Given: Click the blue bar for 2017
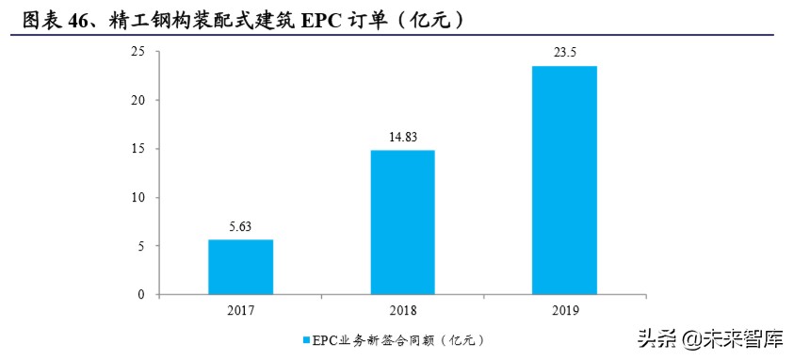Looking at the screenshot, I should pyautogui.click(x=240, y=267).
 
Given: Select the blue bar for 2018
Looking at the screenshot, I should pyautogui.click(x=402, y=222).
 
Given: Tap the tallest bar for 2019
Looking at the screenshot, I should pyautogui.click(x=564, y=180).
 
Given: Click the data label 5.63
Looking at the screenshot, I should pyautogui.click(x=240, y=227).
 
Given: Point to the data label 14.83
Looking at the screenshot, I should pyautogui.click(x=402, y=138).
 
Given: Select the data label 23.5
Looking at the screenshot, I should pyautogui.click(x=564, y=54).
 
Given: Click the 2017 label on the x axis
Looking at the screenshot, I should pyautogui.click(x=240, y=309).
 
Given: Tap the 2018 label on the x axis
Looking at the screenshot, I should pyautogui.click(x=402, y=309).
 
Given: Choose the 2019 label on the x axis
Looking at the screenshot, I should pyautogui.click(x=564, y=309).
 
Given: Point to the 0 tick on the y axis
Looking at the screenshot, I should pyautogui.click(x=141, y=295).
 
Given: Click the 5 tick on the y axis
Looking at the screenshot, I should pyautogui.click(x=141, y=246).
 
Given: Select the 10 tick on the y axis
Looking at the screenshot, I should pyautogui.click(x=138, y=198).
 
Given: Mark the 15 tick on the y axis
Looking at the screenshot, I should pyautogui.click(x=138, y=149).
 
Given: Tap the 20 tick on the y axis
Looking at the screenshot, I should pyautogui.click(x=138, y=100).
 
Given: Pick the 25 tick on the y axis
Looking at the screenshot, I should pyautogui.click(x=138, y=52).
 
